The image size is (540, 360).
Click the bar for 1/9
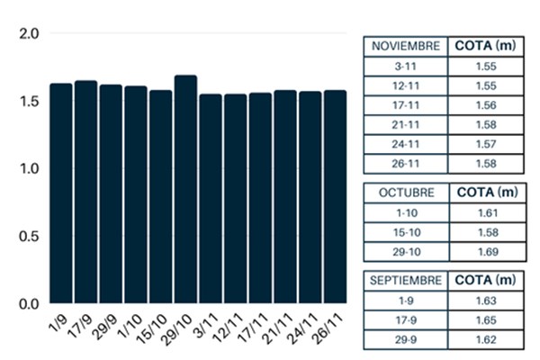[x=61, y=193]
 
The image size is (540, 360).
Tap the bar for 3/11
[x=211, y=198]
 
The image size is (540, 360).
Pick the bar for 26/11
[x=335, y=196]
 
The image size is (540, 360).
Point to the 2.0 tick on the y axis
[x=31, y=34]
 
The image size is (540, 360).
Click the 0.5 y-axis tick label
[x=31, y=237]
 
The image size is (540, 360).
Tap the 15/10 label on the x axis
[x=158, y=321]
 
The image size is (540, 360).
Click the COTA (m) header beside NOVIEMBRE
[x=486, y=46]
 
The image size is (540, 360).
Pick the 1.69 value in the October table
[x=486, y=252]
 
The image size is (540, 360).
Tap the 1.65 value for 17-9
[x=486, y=321]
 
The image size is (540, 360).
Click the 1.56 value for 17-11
[x=486, y=105]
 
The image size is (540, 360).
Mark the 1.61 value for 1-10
[x=486, y=212]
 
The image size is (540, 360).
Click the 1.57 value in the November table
[x=486, y=145]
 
